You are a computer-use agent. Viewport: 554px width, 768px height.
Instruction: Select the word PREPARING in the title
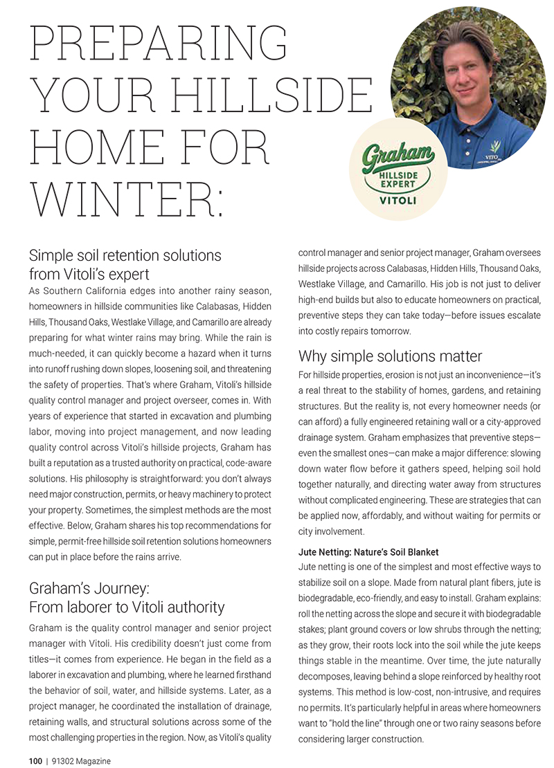point(159,44)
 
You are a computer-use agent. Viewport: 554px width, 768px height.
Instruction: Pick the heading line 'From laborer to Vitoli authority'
point(127,607)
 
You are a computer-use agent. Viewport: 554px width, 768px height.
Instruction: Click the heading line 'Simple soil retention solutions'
point(125,255)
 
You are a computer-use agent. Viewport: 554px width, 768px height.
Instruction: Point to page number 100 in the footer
point(35,761)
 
